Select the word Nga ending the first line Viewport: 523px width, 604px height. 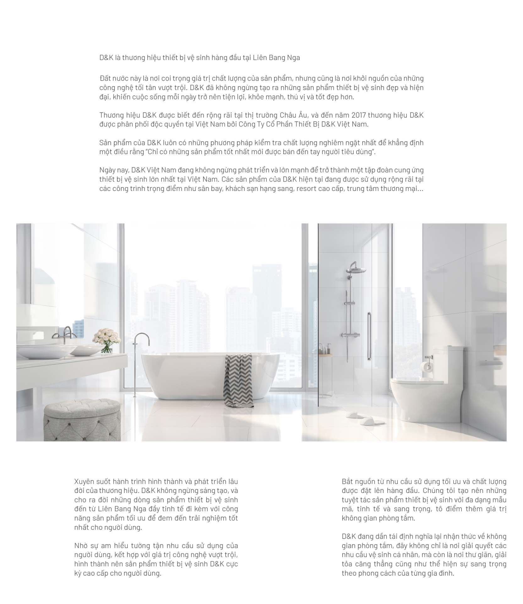[x=293, y=58]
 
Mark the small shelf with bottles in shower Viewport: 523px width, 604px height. [x=325, y=355]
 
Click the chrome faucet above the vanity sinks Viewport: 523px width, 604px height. [x=65, y=334]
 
